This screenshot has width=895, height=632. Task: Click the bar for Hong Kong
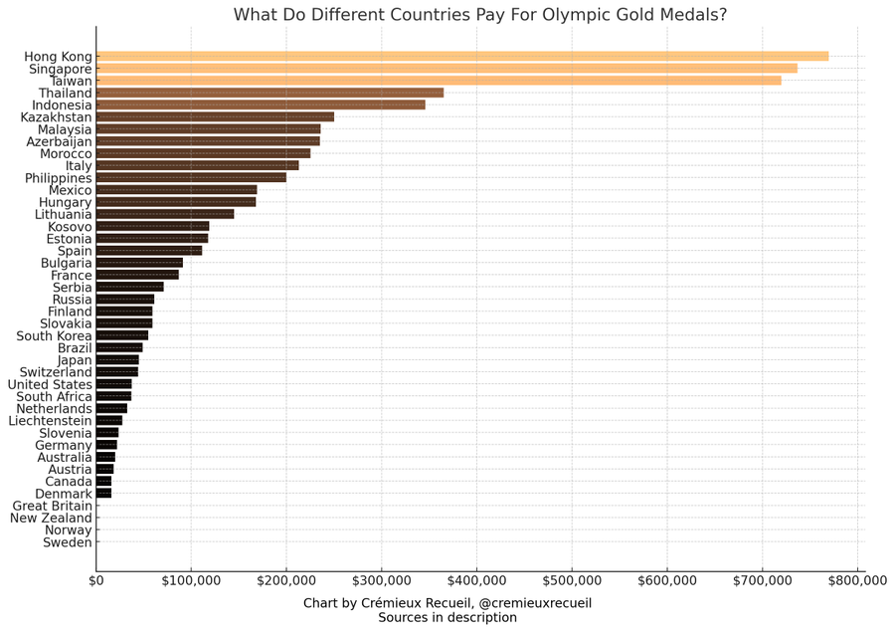click(x=462, y=57)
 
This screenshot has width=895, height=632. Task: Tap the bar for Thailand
click(x=269, y=93)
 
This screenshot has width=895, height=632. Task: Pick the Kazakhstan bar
click(x=215, y=117)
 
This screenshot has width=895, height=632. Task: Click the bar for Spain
click(x=149, y=251)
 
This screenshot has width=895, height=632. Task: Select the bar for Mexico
click(x=176, y=190)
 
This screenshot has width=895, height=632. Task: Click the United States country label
click(x=50, y=384)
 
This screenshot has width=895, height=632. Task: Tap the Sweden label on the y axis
click(x=68, y=542)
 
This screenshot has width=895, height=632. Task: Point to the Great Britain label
click(x=53, y=506)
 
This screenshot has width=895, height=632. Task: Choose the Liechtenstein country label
click(x=51, y=421)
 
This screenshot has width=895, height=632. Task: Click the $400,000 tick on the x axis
click(x=477, y=580)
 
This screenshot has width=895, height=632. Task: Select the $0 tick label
click(x=96, y=580)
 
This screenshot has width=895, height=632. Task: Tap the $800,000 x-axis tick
click(x=857, y=580)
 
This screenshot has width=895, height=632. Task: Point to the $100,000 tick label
click(x=191, y=580)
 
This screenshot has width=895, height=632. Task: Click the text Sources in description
click(x=447, y=618)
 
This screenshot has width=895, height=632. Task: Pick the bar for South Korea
click(x=122, y=335)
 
